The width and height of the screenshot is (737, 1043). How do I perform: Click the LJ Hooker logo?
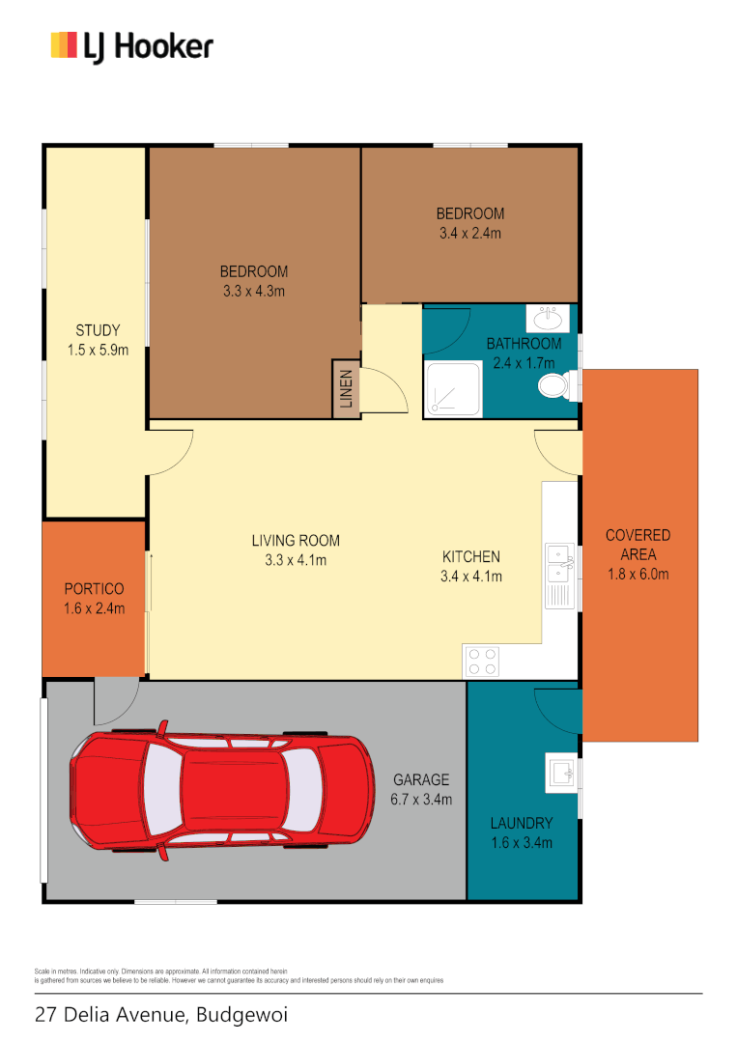[131, 46]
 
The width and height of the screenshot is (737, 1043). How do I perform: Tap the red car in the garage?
[221, 794]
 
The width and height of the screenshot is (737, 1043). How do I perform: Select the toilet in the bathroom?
[554, 386]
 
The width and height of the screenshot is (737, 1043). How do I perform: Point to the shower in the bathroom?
[452, 391]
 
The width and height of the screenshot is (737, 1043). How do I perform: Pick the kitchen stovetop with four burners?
[483, 661]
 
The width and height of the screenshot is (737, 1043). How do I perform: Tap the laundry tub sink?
[560, 772]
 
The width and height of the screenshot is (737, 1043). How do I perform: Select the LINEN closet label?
[346, 389]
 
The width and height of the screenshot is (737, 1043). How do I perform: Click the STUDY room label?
[98, 330]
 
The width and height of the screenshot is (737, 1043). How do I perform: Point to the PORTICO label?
[94, 588]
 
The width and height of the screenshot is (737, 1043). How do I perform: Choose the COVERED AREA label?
[638, 545]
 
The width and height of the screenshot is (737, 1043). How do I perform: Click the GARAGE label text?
[421, 779]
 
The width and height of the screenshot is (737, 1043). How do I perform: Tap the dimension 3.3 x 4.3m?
[253, 291]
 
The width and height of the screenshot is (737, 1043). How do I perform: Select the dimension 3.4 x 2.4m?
[469, 233]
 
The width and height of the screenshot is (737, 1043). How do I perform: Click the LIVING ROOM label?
[296, 541]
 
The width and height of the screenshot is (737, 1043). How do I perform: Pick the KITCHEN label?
[471, 556]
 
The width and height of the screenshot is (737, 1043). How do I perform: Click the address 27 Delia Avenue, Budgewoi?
[161, 1015]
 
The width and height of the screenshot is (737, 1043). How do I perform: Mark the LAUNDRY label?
[522, 824]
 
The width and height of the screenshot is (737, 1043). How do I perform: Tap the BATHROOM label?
[524, 343]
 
